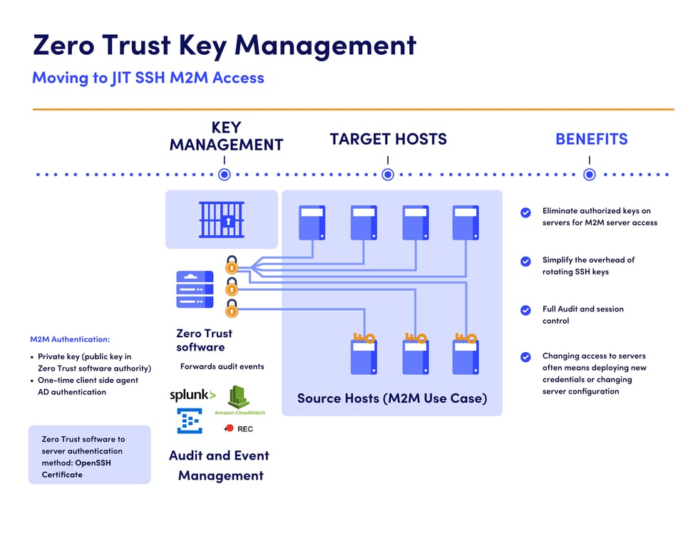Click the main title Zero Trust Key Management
pos(224,45)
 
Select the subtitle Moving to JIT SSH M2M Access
pos(148,78)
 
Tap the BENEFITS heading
pos(591,139)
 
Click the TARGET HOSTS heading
pos(388,139)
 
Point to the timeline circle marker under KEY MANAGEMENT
pos(225,174)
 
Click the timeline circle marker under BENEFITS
pos(590,174)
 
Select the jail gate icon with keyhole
pos(221,219)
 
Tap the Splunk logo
pos(192,395)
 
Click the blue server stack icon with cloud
pos(195,289)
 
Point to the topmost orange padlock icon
pos(231,264)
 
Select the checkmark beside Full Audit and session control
pos(525,310)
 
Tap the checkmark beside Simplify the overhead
pos(525,261)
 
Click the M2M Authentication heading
pos(70,339)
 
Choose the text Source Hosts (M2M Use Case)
pos(391,398)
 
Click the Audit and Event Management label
pos(220,465)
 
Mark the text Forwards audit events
pos(222,366)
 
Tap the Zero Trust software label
pos(204,340)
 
